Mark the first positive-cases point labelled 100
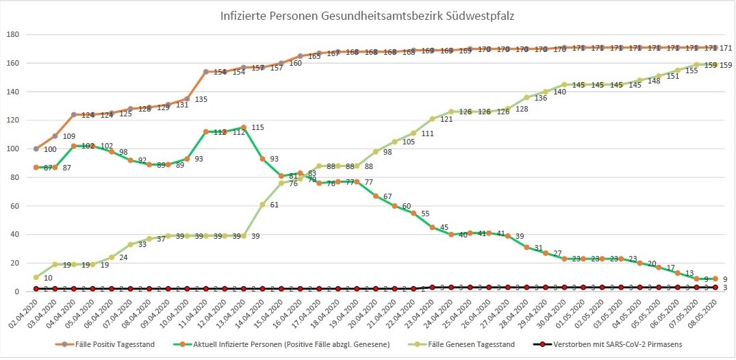(36, 149)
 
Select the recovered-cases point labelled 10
(36, 277)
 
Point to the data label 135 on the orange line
(201, 99)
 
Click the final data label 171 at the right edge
(726, 48)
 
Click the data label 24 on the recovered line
(123, 257)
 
